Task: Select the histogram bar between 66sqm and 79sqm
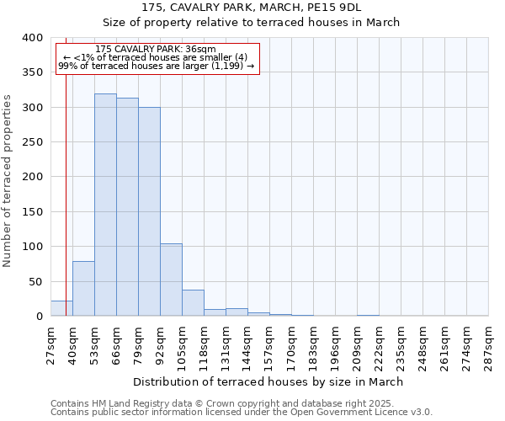tap(127, 207)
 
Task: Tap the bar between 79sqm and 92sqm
tap(149, 211)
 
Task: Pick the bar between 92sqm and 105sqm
tap(171, 280)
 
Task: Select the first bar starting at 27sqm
tap(61, 309)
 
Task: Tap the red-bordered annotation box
tap(157, 58)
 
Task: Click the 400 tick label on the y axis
tap(32, 38)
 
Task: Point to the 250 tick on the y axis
tap(32, 142)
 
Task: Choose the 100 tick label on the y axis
tap(32, 247)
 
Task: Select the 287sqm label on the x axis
tap(488, 340)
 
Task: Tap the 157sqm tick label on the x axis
tap(270, 344)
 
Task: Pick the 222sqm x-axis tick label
tap(380, 344)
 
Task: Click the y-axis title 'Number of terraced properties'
tap(8, 181)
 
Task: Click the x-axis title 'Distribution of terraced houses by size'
tap(268, 381)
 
